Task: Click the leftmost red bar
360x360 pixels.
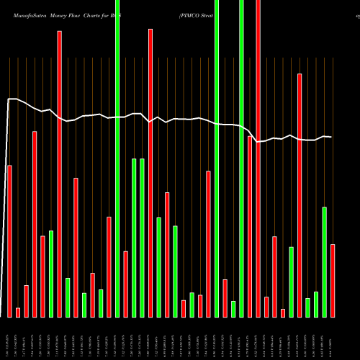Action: [x=9, y=241]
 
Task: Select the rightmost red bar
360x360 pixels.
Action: [x=333, y=281]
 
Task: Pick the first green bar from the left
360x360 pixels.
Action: [x=51, y=274]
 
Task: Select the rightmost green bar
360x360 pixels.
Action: [x=325, y=262]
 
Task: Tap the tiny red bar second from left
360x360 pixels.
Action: [x=18, y=312]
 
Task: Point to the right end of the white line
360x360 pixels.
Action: [x=331, y=137]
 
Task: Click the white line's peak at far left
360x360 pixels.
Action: [x=12, y=99]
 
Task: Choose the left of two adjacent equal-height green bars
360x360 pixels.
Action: [x=134, y=238]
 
